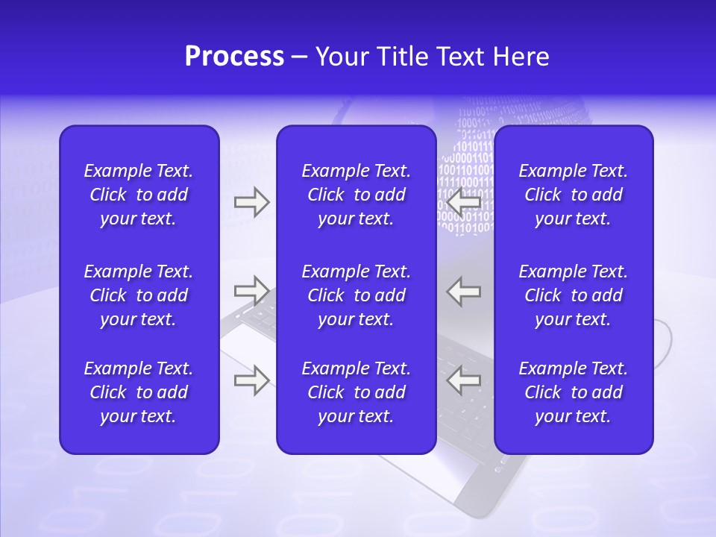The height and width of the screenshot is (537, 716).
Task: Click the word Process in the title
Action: click(x=234, y=57)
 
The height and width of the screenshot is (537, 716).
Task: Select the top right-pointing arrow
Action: click(x=251, y=202)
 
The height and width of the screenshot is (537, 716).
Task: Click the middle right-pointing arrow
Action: click(x=251, y=290)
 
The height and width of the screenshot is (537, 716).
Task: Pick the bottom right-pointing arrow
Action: click(x=251, y=380)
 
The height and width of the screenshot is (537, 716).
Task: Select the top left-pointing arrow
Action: click(x=464, y=202)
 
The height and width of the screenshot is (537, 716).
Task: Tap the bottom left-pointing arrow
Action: click(x=464, y=380)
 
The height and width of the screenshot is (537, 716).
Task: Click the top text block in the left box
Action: click(x=139, y=195)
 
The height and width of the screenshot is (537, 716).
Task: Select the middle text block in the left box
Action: click(x=139, y=295)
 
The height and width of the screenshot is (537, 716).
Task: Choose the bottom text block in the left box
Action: click(x=139, y=392)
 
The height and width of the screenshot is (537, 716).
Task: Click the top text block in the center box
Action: click(x=356, y=195)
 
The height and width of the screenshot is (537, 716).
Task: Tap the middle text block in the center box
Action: click(x=356, y=295)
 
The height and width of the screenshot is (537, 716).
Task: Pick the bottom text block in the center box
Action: click(x=356, y=392)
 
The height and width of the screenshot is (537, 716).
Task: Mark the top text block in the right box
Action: click(x=573, y=195)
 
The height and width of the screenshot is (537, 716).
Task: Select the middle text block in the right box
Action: click(x=573, y=295)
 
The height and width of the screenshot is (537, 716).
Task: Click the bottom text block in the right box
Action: click(x=573, y=392)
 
